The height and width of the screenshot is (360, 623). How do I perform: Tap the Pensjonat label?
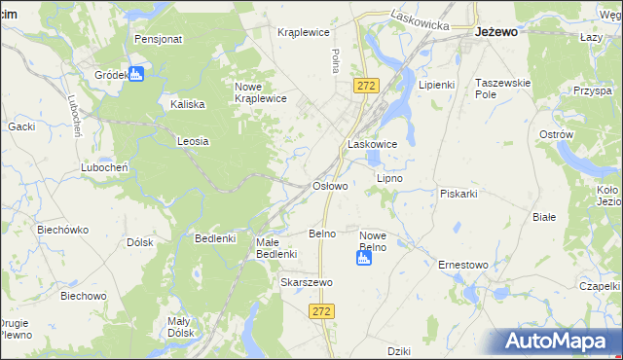(159, 40)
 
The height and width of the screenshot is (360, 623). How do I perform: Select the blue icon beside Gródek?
(136, 74)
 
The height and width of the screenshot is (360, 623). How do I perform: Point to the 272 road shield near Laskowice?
(365, 87)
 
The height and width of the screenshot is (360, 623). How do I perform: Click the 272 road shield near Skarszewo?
(323, 310)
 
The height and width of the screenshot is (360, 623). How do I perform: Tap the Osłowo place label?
(328, 185)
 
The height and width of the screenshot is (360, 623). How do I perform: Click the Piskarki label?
(458, 193)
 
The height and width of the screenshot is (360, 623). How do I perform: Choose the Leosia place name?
(193, 141)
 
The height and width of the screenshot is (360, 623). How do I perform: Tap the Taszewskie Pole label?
(502, 90)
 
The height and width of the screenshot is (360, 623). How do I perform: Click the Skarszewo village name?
(307, 282)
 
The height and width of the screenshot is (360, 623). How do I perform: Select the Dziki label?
(398, 350)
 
